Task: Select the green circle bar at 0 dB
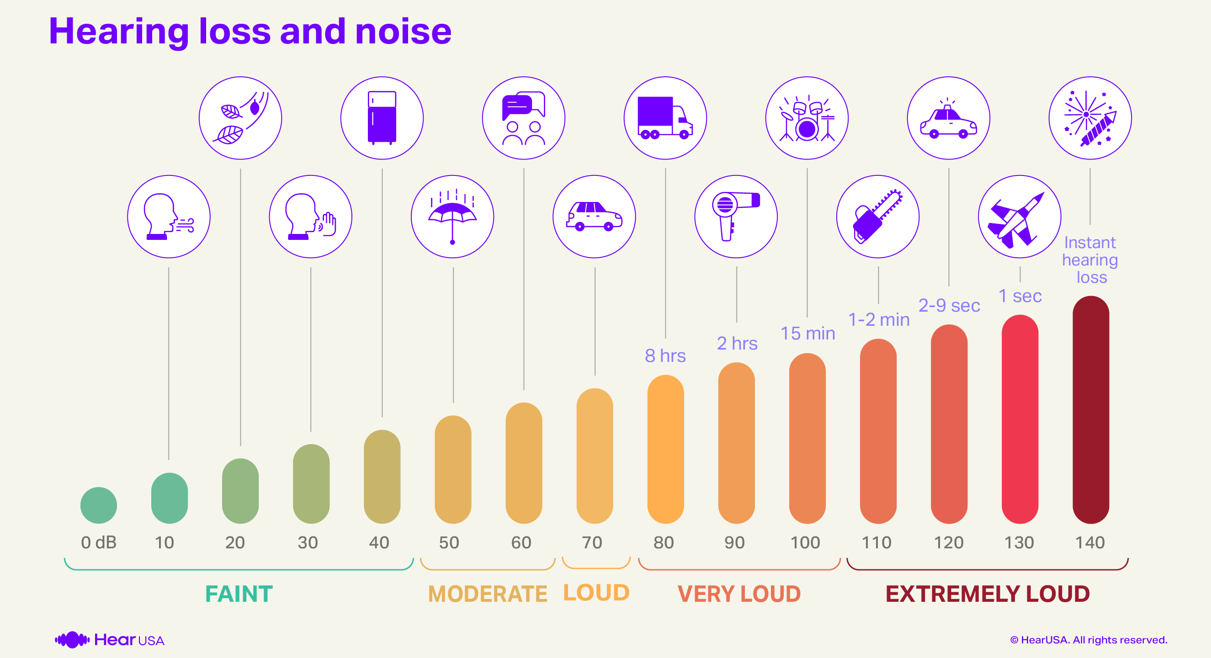pos(99,505)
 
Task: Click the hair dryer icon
pos(736,217)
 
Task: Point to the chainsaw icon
pos(877,217)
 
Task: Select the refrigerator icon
pos(382,118)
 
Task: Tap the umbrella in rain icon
pos(452,217)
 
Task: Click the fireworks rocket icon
pos(1090,118)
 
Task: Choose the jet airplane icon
pos(1019,217)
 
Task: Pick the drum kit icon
pos(807,118)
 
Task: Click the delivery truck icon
pos(665,118)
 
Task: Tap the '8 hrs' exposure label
pos(665,356)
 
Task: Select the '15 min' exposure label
pos(807,333)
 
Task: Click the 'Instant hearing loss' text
pos(1090,260)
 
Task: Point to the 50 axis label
pos(448,542)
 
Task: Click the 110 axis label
pos(876,542)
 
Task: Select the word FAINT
pos(239,594)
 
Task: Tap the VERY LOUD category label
pos(738,594)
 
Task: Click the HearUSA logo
pos(110,640)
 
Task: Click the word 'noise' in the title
pos(403,32)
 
